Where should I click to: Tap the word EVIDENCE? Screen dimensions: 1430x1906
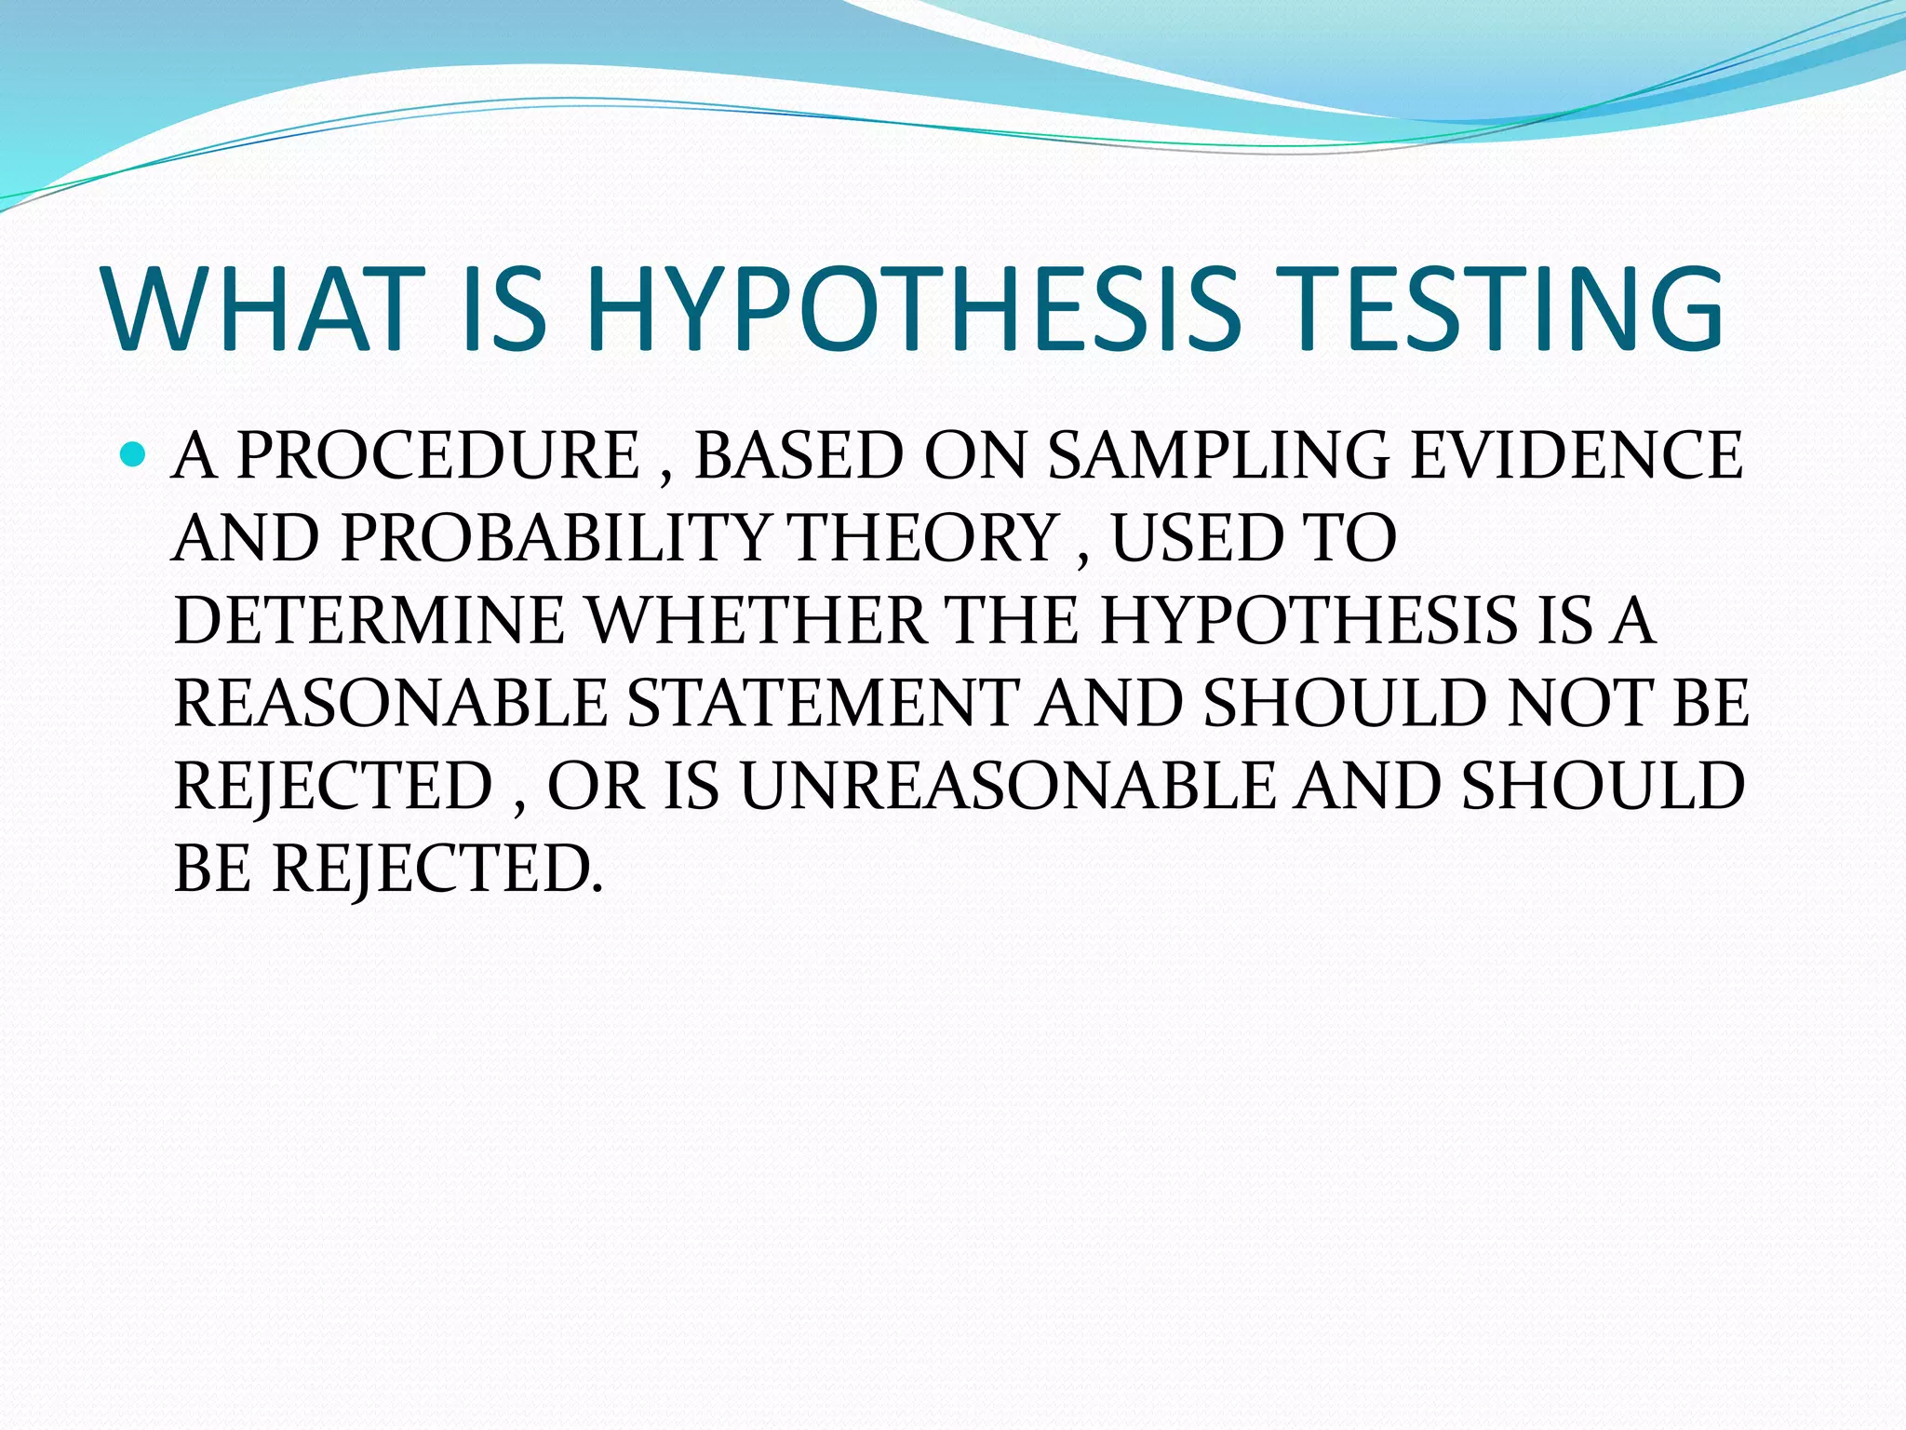1576,455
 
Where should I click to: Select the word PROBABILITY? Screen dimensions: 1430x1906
555,538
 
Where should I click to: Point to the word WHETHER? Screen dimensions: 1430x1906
758,620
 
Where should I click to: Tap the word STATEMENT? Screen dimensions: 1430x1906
823,703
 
